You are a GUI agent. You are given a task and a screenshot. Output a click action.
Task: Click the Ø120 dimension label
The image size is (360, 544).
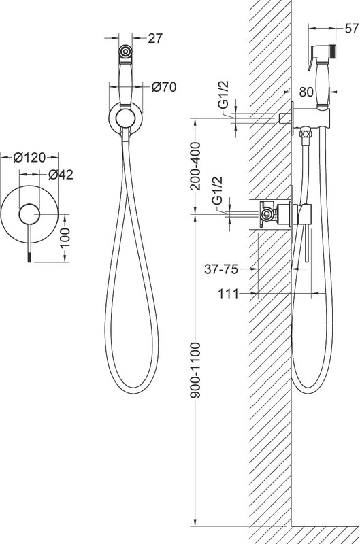click(x=29, y=158)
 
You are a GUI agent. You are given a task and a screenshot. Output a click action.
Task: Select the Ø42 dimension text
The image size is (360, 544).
click(x=61, y=175)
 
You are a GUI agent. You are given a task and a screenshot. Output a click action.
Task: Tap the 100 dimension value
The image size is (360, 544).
click(x=65, y=237)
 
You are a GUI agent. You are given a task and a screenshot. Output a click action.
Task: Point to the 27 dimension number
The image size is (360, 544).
click(x=155, y=38)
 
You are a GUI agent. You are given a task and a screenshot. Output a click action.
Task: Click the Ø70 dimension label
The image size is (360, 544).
click(x=164, y=87)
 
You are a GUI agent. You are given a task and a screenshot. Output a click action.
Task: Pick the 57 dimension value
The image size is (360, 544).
click(x=352, y=29)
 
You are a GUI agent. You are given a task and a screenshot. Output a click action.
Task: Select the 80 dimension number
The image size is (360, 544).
click(x=306, y=92)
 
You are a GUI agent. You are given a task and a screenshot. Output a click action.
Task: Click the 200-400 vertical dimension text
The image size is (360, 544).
click(x=196, y=166)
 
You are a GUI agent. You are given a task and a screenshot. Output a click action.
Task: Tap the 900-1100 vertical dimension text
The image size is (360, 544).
click(x=196, y=370)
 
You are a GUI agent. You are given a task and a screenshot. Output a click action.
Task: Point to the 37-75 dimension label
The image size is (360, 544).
click(x=221, y=269)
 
